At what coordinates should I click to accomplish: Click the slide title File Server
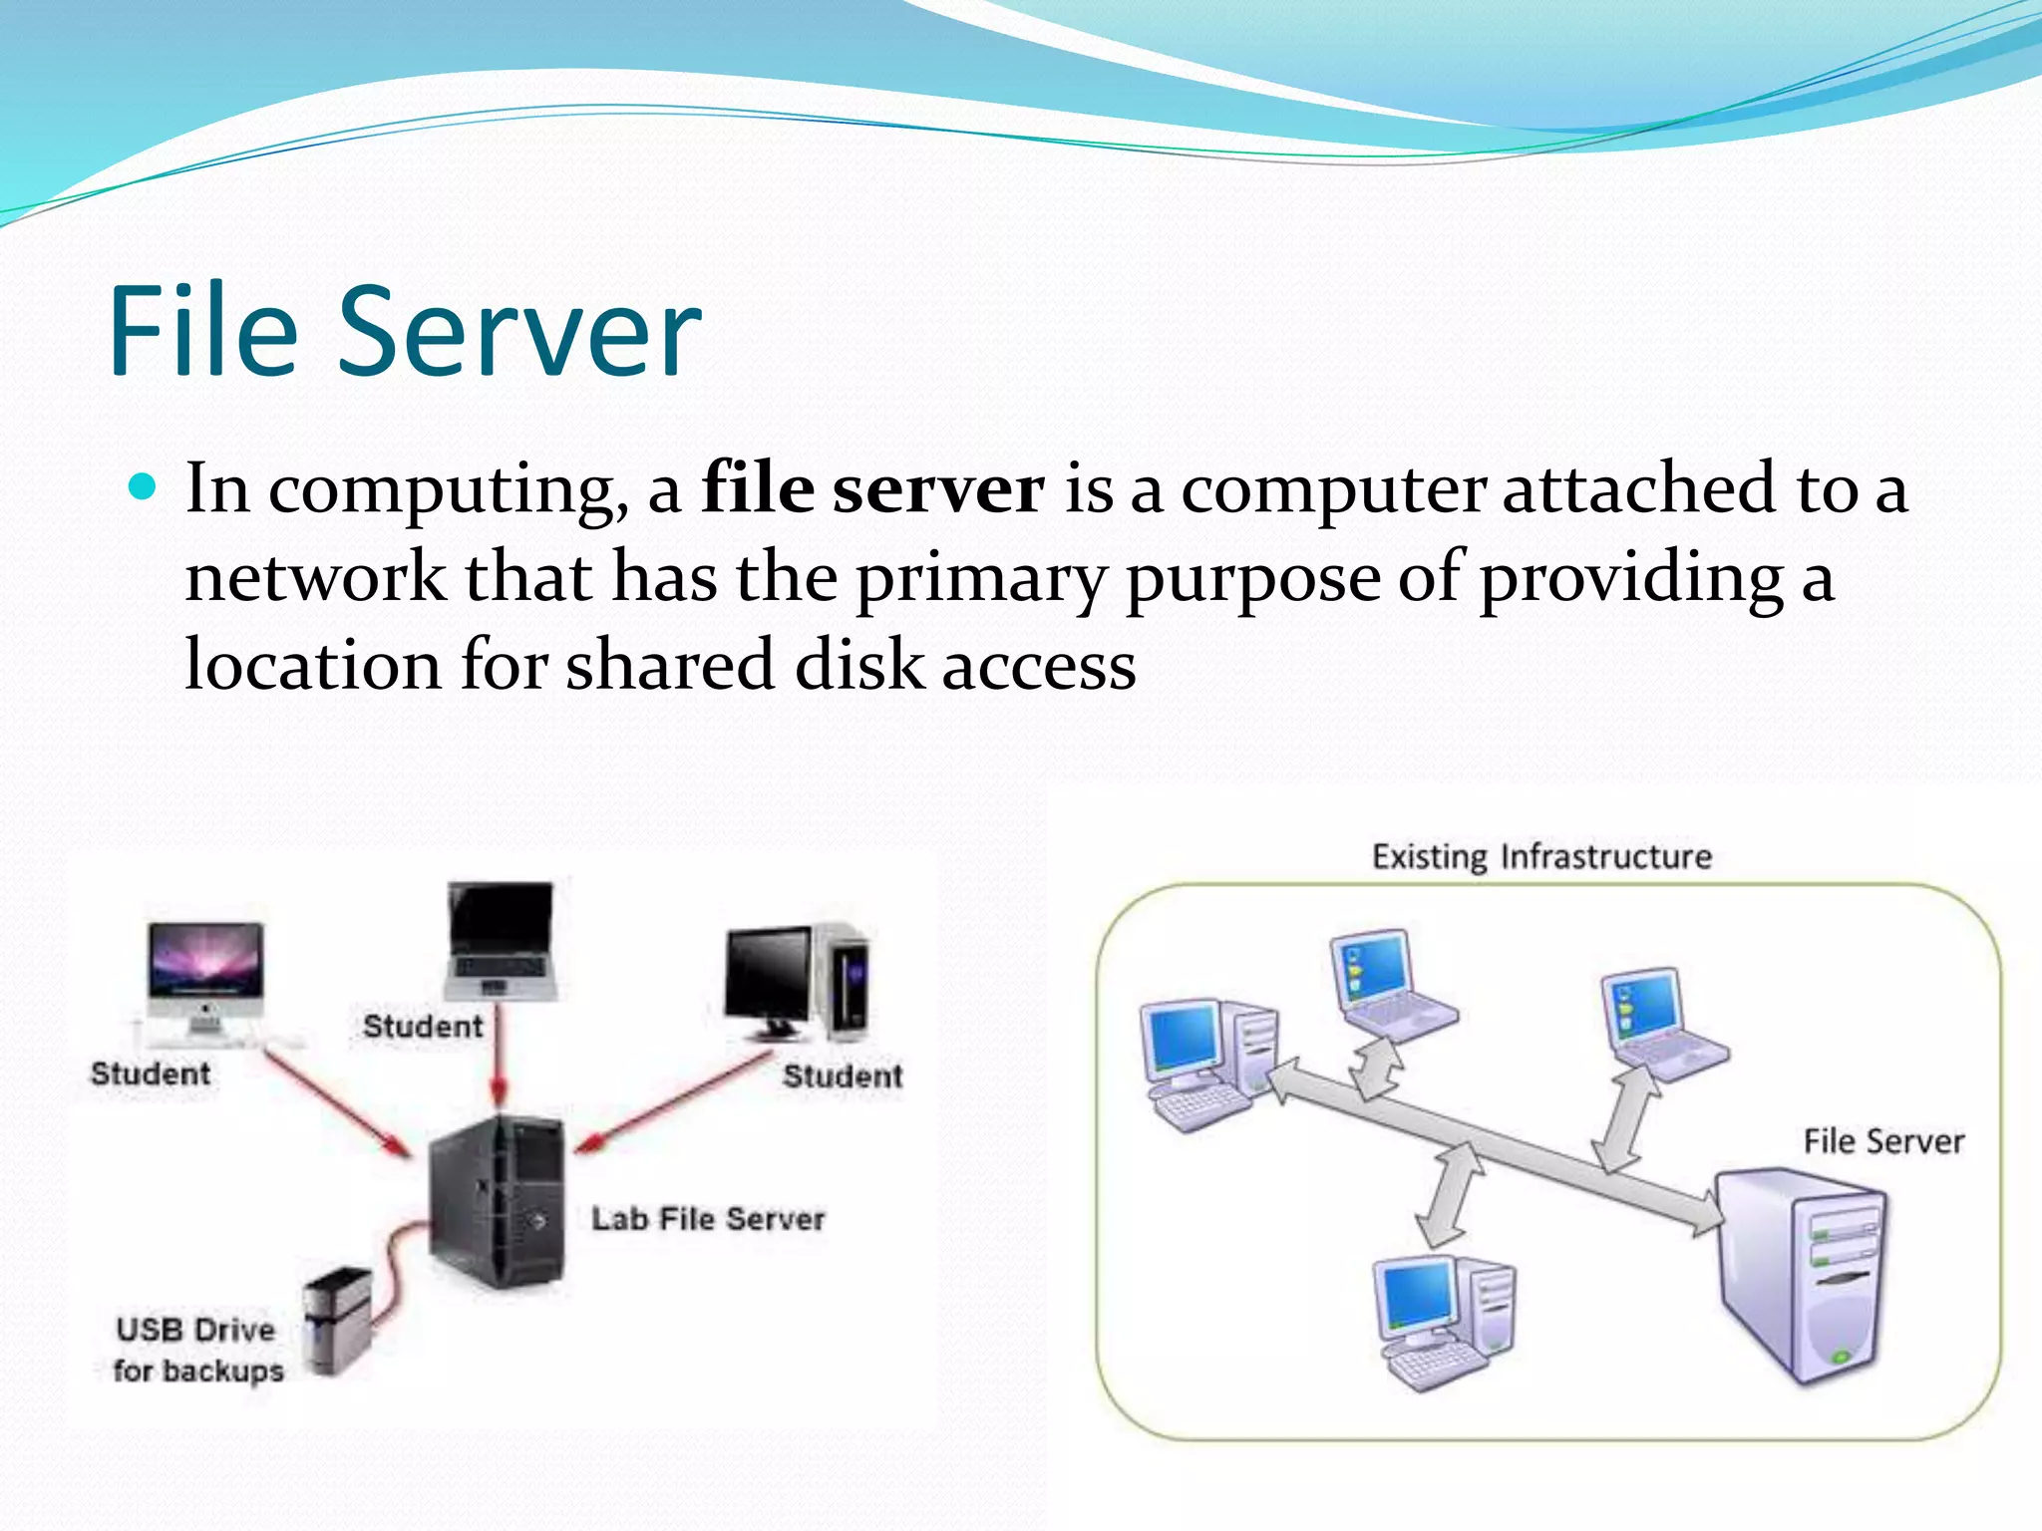[x=404, y=331]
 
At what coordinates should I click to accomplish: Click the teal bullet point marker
[x=144, y=486]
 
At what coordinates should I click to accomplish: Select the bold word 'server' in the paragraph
[x=938, y=489]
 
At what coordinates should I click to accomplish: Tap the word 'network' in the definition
[x=316, y=577]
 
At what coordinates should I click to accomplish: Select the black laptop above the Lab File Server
[x=501, y=940]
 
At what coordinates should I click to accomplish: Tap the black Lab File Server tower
[x=497, y=1201]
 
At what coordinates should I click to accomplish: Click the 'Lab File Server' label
[x=708, y=1218]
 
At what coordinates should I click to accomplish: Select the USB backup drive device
[x=338, y=1321]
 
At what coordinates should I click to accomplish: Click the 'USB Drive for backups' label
[x=197, y=1350]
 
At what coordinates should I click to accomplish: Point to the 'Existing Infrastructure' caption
[x=1541, y=857]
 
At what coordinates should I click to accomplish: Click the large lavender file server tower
[x=1801, y=1276]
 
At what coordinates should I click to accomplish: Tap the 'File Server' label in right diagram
[x=1882, y=1141]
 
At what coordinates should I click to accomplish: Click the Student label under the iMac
[x=151, y=1073]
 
